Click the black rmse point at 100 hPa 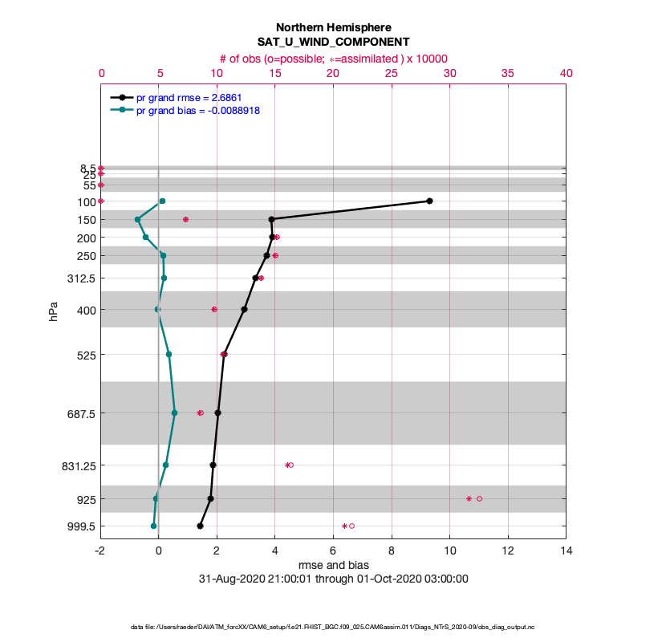point(430,201)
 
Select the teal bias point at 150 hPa point(137,219)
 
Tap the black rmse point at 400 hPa point(244,309)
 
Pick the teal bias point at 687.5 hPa point(174,412)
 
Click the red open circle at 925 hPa point(479,498)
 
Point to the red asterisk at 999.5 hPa point(344,526)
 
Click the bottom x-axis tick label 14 point(566,551)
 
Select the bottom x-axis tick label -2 point(100,551)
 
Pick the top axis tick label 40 point(566,72)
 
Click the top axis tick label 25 point(392,72)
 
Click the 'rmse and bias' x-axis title point(333,566)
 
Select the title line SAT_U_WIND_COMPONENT point(333,41)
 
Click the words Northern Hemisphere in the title point(333,27)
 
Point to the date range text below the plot point(333,579)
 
